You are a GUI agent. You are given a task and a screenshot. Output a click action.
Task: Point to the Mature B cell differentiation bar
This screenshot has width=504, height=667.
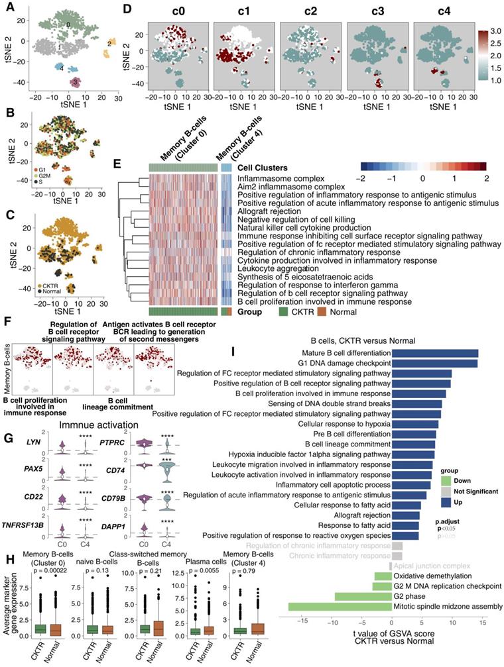tap(434, 353)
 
